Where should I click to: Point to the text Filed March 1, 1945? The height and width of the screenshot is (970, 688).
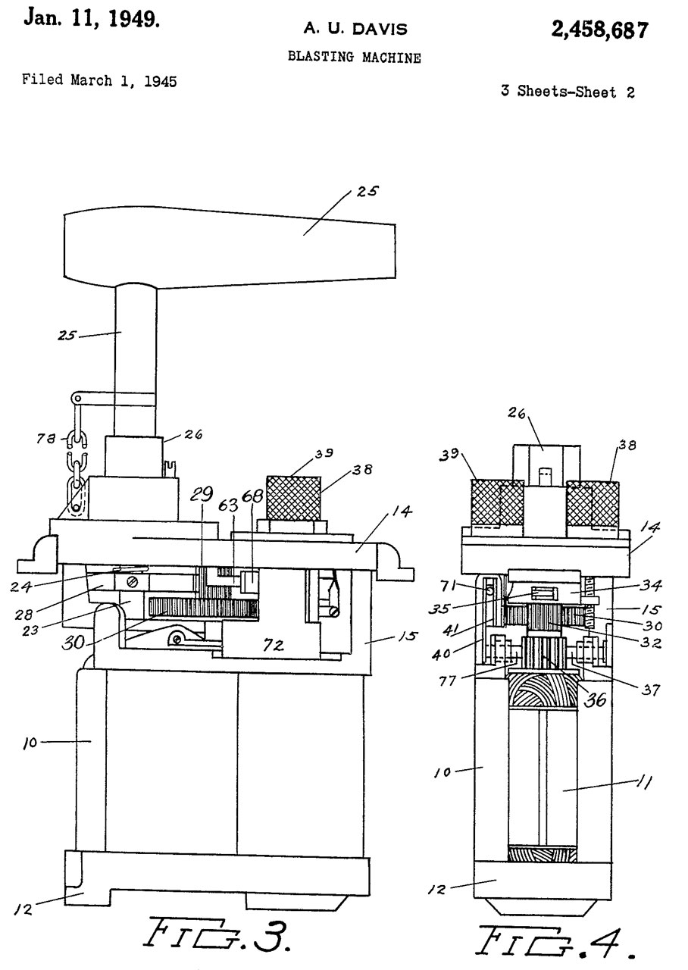[99, 80]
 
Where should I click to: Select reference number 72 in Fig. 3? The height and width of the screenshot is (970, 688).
[274, 646]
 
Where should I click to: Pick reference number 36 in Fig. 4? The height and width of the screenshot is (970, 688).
[595, 700]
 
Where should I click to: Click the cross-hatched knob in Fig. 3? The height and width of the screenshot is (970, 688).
[292, 497]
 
